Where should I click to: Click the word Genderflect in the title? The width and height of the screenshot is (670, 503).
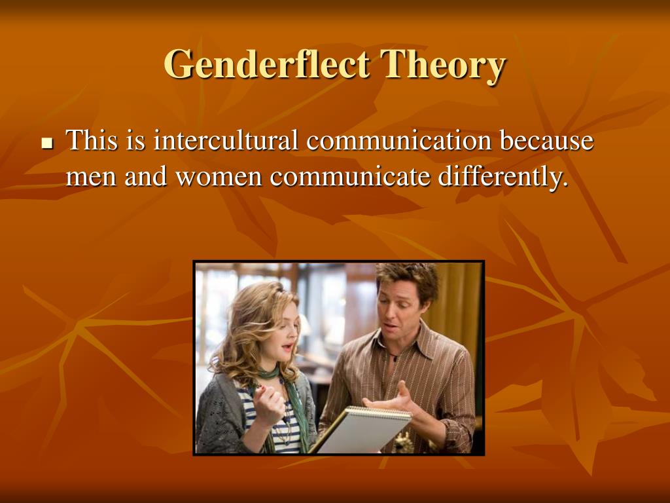tap(266, 64)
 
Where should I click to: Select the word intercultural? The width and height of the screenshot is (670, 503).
tap(226, 140)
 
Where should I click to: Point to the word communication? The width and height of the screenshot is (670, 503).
tap(399, 140)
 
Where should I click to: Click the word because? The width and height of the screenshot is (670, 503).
tap(547, 140)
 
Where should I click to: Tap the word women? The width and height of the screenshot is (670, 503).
tap(219, 177)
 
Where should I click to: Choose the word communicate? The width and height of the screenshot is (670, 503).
tap(349, 176)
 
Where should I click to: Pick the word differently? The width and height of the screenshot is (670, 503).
tap(503, 177)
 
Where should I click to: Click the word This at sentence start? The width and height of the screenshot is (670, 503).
tap(92, 140)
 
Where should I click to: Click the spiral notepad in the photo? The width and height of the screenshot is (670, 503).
tap(361, 429)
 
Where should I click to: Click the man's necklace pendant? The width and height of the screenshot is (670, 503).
tap(396, 358)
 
